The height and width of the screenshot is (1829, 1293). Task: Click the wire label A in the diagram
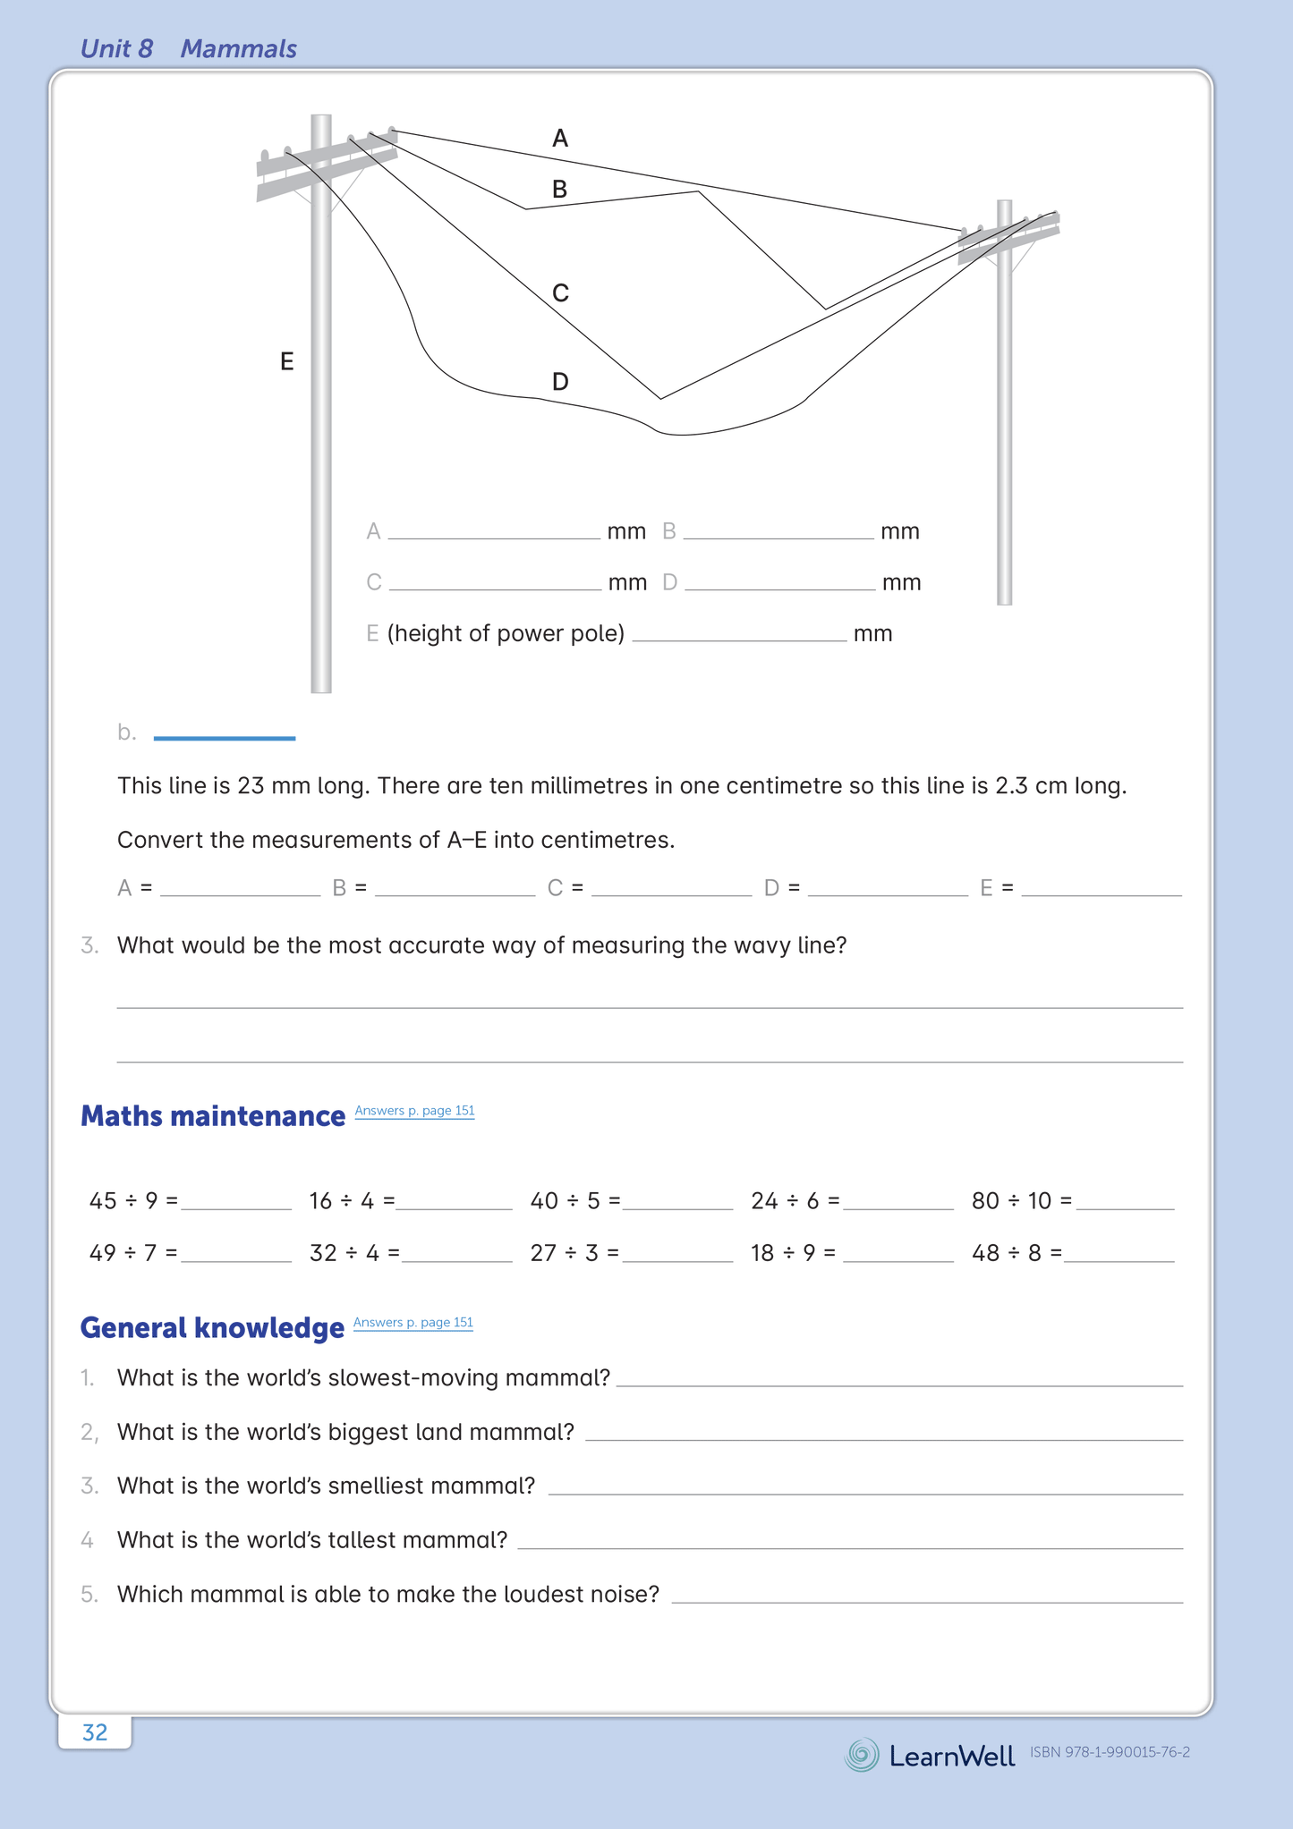tap(560, 139)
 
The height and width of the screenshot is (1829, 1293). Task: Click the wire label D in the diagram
tap(560, 383)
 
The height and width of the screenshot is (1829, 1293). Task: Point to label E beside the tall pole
tap(286, 362)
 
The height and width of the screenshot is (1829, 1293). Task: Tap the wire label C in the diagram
tap(560, 293)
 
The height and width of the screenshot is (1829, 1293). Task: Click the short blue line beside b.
tap(225, 738)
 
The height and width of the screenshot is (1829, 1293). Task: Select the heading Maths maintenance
tap(213, 1116)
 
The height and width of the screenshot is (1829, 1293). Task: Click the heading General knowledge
tap(212, 1328)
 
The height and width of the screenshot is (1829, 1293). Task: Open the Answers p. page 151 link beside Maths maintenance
tap(414, 1111)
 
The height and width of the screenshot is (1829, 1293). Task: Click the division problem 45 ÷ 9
tap(132, 1201)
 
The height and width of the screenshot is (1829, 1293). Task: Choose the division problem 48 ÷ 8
tap(1016, 1253)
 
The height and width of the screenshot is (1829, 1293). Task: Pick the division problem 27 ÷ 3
tap(574, 1253)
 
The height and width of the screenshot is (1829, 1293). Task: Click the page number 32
tap(95, 1732)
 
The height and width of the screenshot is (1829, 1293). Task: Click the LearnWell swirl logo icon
tap(862, 1755)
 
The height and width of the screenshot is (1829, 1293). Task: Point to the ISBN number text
tap(1110, 1753)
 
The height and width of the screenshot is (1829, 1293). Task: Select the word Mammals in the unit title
tap(238, 49)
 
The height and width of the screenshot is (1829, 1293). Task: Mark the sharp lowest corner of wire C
tap(660, 399)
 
